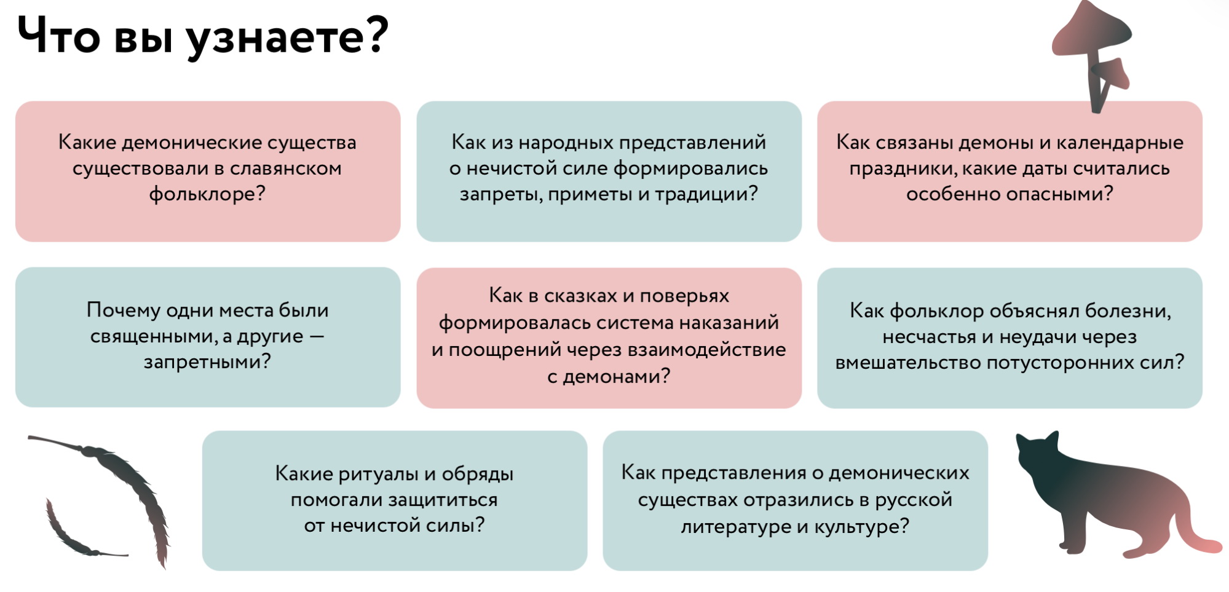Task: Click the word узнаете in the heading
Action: pos(288,36)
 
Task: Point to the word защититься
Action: pos(438,500)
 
